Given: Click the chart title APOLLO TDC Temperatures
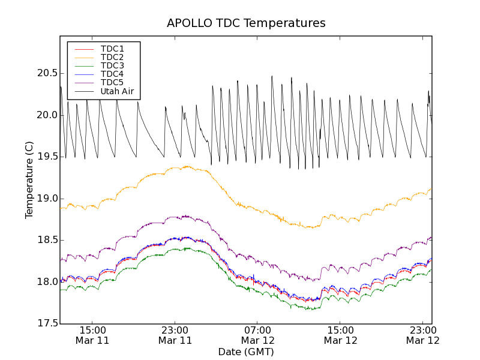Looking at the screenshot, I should (x=246, y=23).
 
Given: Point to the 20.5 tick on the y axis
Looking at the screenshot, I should (x=47, y=73).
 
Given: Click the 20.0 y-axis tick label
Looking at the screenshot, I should (x=47, y=115).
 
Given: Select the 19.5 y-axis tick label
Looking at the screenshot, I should (x=47, y=157).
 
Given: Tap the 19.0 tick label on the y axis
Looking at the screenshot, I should (x=47, y=199).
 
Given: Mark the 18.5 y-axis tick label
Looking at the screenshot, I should (x=47, y=240).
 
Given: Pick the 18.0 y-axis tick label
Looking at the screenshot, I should (x=47, y=282).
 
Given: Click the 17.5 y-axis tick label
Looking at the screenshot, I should (x=47, y=323).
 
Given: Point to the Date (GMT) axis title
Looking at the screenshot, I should (x=246, y=352).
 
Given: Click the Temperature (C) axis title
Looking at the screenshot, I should (x=29, y=180).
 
